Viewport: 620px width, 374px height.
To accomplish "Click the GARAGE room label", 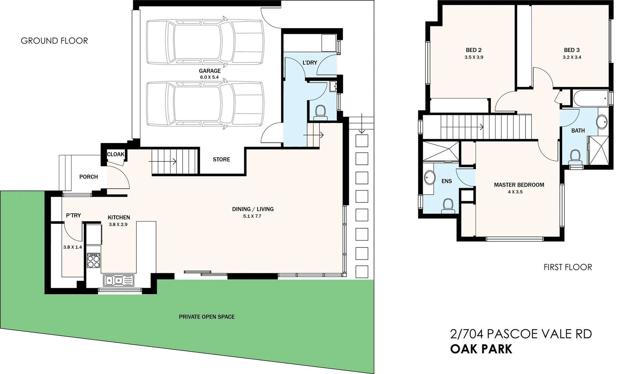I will (210, 71).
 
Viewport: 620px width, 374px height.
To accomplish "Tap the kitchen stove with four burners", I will (94, 260).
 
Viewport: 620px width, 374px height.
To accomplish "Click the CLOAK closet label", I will (116, 154).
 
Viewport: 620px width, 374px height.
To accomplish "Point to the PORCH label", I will (89, 177).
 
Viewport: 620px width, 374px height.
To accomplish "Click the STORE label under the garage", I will (221, 160).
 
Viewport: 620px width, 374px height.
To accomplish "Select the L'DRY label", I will (310, 63).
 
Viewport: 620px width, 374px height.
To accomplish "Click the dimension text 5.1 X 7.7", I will (252, 216).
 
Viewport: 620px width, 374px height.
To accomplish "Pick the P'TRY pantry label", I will (73, 215).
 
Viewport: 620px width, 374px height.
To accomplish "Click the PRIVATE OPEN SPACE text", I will (207, 317).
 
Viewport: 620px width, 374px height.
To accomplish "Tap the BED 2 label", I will (474, 50).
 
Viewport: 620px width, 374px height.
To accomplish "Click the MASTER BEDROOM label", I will (519, 185).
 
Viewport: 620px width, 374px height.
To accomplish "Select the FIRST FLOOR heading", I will (567, 267).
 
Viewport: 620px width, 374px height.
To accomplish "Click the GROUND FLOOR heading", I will (54, 41).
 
